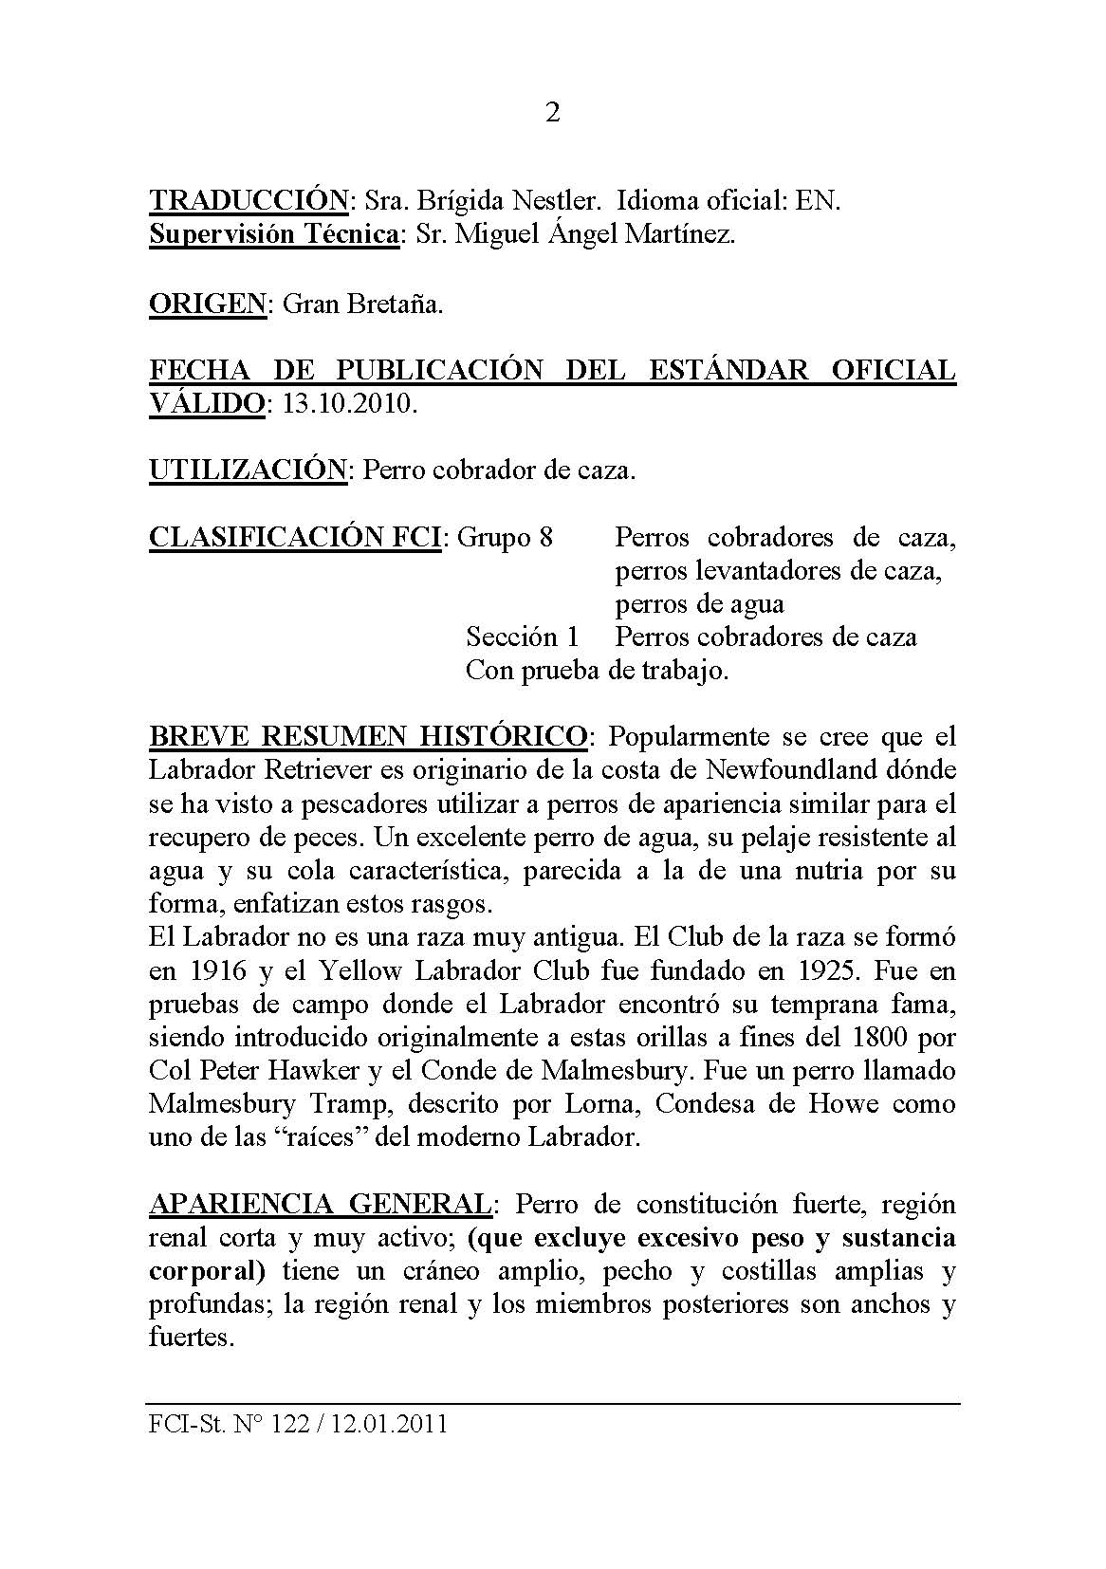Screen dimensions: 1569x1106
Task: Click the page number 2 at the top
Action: [x=553, y=113]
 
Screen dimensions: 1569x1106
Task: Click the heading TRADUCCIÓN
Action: [x=249, y=201]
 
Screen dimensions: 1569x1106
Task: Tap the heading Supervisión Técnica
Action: [x=274, y=234]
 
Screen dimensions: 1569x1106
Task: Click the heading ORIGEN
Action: [x=208, y=305]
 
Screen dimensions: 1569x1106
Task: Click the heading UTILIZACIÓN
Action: [x=249, y=470]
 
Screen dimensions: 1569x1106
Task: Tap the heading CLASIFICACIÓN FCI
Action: [x=295, y=538]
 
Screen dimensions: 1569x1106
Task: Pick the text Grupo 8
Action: [x=506, y=538]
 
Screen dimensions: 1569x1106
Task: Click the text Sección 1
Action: [x=523, y=637]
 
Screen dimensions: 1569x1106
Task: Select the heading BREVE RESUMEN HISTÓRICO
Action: [x=369, y=736]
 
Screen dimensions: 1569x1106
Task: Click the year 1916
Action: [x=207, y=970]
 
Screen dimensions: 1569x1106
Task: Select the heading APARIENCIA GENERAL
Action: [x=320, y=1205]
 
